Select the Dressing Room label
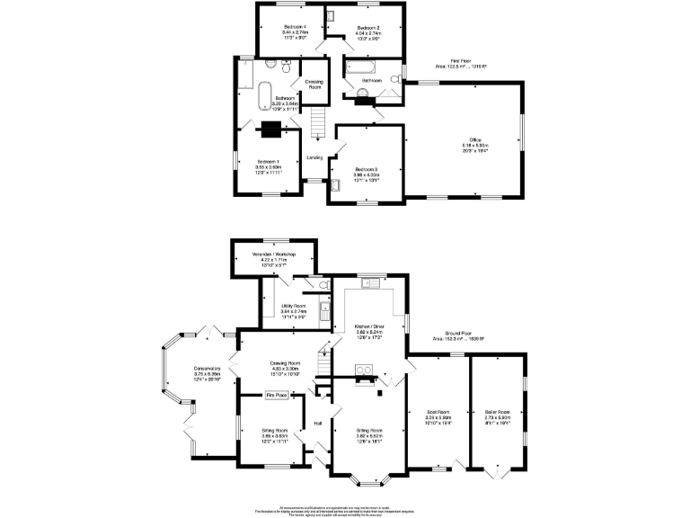[x=314, y=85]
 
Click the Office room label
[x=473, y=143]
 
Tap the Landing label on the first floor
[x=314, y=158]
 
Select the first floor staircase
[x=317, y=121]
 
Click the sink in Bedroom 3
[x=335, y=186]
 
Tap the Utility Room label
[x=295, y=309]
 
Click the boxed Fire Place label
[x=276, y=395]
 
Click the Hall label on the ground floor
[x=317, y=424]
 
